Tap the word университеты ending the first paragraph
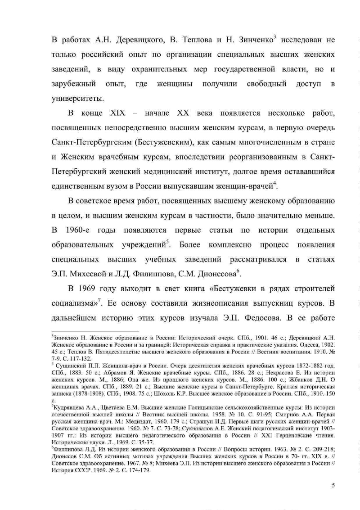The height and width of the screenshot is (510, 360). pyautogui.click(x=77, y=99)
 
